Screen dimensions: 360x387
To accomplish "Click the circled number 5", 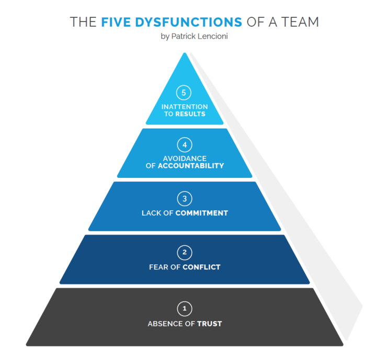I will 184,93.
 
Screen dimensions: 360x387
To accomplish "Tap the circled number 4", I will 184,144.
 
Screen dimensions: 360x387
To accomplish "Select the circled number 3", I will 184,199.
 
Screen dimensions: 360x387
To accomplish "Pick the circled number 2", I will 184,253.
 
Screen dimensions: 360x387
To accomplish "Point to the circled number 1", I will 184,308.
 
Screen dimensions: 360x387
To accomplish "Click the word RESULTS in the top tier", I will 190,114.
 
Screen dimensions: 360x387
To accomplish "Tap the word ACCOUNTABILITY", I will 191,165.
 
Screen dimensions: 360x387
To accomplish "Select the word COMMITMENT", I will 202,213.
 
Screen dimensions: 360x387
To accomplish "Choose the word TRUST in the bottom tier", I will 209,324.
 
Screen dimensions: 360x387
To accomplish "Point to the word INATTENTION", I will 185,107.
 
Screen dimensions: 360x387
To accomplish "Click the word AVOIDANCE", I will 185,159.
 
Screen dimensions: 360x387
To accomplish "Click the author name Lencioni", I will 211,36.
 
